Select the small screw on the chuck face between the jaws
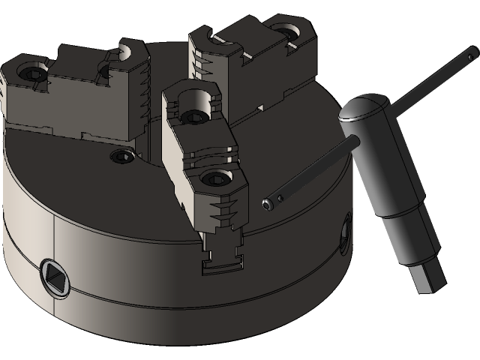tap(121, 155)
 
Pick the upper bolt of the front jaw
tap(192, 116)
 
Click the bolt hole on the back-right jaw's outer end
tap(285, 32)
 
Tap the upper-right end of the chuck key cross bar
tap(470, 52)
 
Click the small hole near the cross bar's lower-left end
tap(280, 199)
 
